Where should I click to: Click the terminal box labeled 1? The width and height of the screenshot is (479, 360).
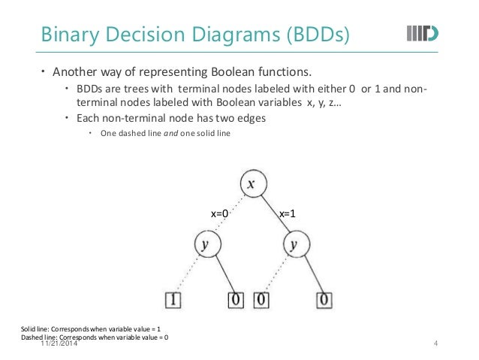tap(174, 301)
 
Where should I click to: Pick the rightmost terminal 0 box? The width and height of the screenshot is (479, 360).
tap(323, 301)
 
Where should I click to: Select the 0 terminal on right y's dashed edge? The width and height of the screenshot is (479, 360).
tap(262, 301)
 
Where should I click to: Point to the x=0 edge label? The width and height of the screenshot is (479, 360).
tap(218, 214)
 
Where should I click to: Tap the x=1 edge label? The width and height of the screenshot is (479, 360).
tap(287, 214)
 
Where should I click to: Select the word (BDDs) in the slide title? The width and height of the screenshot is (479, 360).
tap(309, 35)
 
